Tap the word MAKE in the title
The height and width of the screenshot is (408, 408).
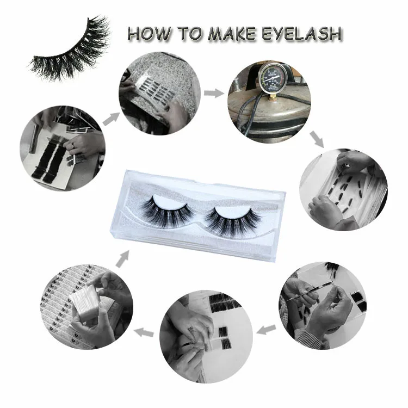point(232,34)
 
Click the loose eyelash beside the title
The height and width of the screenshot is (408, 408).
point(70,50)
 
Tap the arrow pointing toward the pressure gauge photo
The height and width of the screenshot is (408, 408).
point(214,94)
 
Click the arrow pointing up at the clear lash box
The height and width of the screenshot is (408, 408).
point(122,259)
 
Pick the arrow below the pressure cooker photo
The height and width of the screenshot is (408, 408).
point(317,139)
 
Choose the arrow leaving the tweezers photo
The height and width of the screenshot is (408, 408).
point(266,330)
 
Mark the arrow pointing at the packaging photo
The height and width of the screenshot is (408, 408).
point(144,332)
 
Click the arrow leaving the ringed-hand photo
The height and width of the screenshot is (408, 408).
point(112,119)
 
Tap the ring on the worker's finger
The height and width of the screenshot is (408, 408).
point(73,146)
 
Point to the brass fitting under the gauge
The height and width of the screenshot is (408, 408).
point(273,98)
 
